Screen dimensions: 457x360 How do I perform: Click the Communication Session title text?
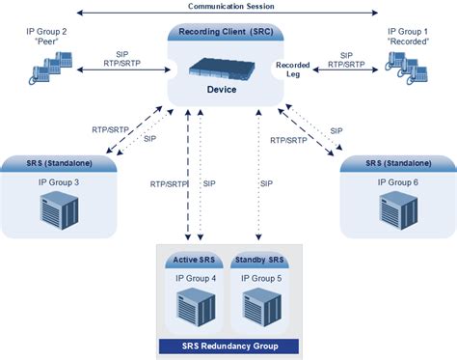point(231,6)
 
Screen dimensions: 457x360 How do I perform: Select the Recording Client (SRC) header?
point(226,32)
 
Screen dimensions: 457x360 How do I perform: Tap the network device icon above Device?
point(222,69)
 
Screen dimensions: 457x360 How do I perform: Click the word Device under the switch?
point(222,90)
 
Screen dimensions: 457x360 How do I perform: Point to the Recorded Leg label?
point(293,69)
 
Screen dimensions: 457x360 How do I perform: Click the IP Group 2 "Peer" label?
point(46,37)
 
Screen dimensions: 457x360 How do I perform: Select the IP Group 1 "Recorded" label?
point(408,37)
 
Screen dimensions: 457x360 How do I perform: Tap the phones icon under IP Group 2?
point(50,68)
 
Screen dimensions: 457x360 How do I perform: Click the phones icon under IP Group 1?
point(407,68)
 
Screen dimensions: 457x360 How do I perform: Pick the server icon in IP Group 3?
point(60,210)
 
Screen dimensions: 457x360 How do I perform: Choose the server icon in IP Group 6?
point(398,210)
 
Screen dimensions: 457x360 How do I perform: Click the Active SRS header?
point(194,260)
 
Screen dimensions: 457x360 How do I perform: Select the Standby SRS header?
point(259,260)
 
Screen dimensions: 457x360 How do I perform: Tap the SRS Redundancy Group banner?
point(229,346)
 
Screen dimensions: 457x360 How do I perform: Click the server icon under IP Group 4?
point(196,307)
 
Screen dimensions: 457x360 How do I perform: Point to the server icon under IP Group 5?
point(262,307)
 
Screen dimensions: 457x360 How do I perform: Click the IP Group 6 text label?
point(398,182)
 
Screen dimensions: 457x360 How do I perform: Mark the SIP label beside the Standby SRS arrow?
point(266,183)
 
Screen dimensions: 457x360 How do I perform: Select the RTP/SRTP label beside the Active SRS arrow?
point(169,184)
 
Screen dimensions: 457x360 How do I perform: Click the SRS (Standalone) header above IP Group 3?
point(60,163)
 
